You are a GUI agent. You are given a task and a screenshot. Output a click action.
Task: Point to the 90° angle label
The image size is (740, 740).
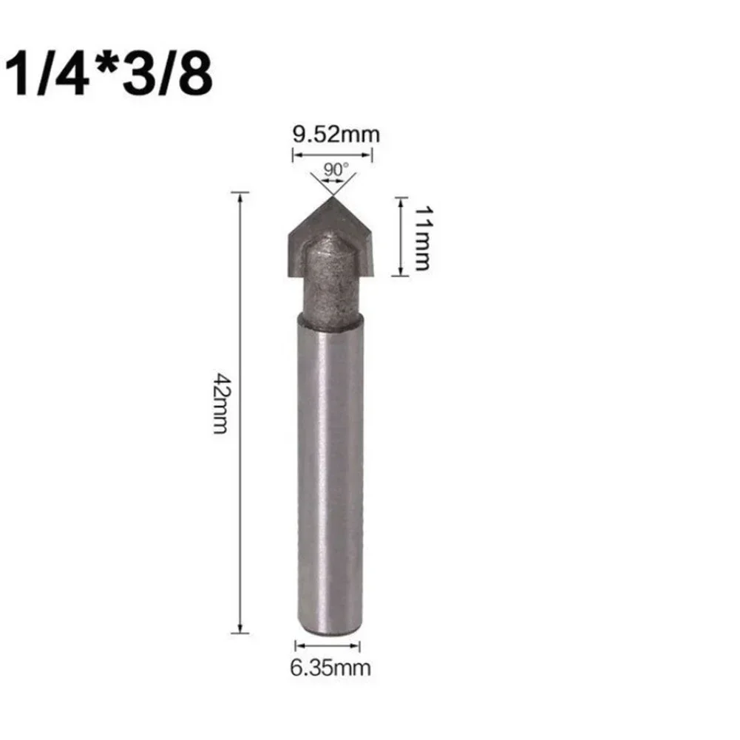click(x=334, y=169)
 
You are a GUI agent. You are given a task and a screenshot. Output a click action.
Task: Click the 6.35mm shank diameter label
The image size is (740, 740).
click(x=329, y=669)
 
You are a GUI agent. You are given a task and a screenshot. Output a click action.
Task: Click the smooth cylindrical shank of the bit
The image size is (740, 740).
click(x=330, y=481)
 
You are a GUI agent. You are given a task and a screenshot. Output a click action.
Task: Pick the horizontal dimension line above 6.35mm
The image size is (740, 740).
click(x=327, y=645)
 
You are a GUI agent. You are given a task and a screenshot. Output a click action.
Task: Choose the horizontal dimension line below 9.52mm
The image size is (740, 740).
click(x=333, y=155)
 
